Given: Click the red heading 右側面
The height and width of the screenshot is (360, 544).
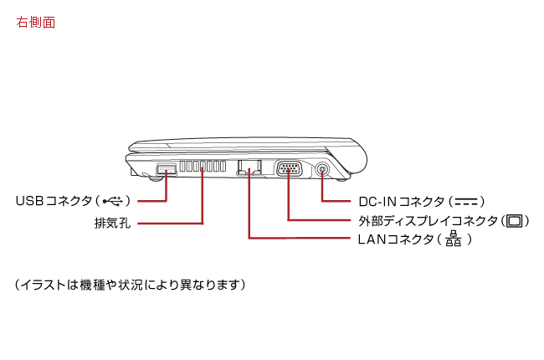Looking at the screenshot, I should [x=36, y=23].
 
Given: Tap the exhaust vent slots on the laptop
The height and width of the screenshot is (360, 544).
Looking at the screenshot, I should [x=202, y=168].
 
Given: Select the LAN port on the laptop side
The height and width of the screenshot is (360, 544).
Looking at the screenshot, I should [x=249, y=168].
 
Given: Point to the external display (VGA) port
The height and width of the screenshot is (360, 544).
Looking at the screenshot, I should [x=289, y=170].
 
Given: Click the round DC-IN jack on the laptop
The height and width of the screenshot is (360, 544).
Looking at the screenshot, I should [x=324, y=170].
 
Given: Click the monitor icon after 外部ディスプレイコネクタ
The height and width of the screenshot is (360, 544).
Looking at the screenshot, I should [x=516, y=221].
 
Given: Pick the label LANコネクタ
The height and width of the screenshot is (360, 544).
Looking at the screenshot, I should [x=393, y=240].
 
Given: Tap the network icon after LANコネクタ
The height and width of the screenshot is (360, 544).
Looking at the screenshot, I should [x=454, y=240].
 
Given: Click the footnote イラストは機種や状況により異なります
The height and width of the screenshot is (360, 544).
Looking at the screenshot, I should [x=130, y=285].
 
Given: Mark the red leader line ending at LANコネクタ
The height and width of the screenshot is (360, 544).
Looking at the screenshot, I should [x=301, y=239].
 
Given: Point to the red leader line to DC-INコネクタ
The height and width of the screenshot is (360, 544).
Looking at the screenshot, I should [x=335, y=202].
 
